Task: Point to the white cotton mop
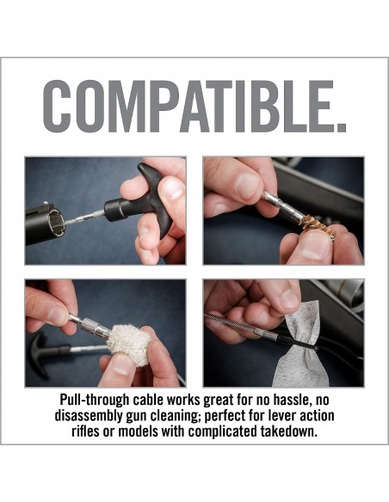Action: coord(129,346)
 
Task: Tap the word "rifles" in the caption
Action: coord(85,432)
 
